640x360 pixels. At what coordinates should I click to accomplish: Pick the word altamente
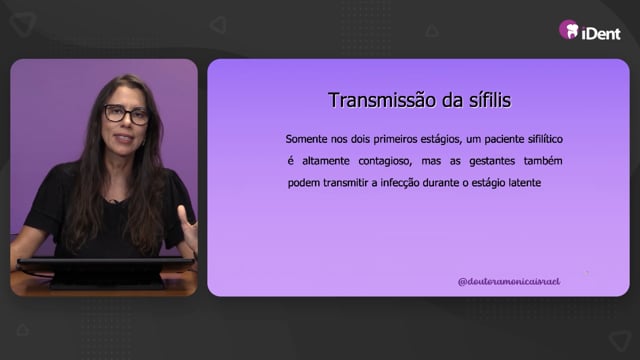[326, 161]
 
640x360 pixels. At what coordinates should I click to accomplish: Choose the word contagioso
[385, 162]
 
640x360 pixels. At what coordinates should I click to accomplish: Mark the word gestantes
[492, 162]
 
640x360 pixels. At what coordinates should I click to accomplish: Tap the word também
[543, 161]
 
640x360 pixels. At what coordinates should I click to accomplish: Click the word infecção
[399, 183]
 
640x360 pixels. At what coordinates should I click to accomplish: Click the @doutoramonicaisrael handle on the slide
[509, 282]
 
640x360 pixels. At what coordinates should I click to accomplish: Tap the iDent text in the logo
[601, 33]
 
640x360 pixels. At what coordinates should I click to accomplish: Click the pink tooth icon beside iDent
[569, 29]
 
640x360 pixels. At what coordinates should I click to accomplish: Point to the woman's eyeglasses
[126, 115]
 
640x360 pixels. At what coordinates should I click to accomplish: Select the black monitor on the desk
[105, 271]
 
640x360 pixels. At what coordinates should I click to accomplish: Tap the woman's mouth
[124, 138]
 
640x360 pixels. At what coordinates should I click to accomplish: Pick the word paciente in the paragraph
[504, 140]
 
